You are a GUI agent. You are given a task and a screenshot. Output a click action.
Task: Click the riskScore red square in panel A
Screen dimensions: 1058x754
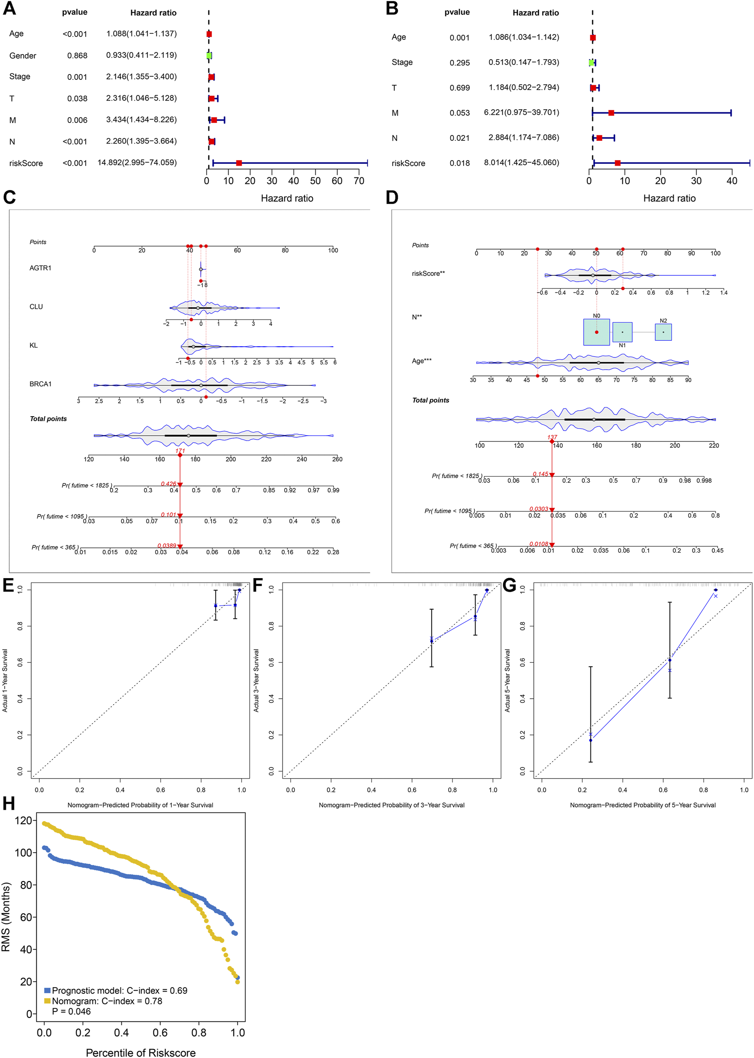point(239,163)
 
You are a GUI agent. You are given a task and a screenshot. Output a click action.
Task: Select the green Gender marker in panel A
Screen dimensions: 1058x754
point(209,56)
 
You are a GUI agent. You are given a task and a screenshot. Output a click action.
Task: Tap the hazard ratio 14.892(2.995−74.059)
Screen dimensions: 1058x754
point(137,162)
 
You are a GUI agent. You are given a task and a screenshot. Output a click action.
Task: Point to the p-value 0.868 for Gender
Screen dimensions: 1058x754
point(77,56)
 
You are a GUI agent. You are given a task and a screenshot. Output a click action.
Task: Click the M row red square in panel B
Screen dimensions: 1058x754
point(611,113)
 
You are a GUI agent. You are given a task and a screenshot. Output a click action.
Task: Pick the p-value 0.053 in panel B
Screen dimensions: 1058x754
point(459,113)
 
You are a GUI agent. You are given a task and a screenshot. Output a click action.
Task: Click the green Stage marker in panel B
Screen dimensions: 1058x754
point(591,63)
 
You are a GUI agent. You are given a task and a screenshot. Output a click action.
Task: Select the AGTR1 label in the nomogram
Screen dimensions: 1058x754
point(41,268)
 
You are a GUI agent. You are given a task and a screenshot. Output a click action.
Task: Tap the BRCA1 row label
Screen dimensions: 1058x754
point(41,384)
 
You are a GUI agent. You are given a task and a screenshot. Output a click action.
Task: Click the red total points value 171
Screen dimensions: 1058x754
point(180,451)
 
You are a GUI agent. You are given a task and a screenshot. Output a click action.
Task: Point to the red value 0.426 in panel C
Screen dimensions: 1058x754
point(169,484)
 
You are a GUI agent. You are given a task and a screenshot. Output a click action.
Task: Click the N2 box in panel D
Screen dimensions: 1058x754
point(663,332)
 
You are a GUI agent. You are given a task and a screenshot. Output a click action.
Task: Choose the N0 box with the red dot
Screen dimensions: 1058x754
point(596,332)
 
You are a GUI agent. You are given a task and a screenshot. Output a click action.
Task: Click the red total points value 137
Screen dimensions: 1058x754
point(552,437)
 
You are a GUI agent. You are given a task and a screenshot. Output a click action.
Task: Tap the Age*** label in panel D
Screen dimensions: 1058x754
point(421,361)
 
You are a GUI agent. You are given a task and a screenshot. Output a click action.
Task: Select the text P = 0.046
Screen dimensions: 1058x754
point(71,1012)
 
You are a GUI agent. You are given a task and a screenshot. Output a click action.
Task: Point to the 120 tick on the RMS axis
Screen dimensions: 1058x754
point(23,821)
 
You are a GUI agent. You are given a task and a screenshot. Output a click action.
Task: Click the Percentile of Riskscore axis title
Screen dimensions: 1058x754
point(140,1049)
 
